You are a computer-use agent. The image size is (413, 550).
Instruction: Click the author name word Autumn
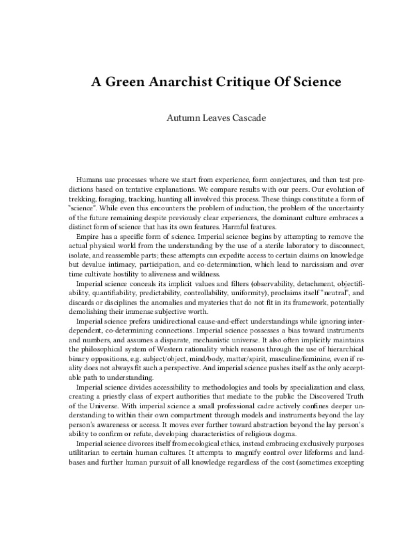(181, 118)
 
